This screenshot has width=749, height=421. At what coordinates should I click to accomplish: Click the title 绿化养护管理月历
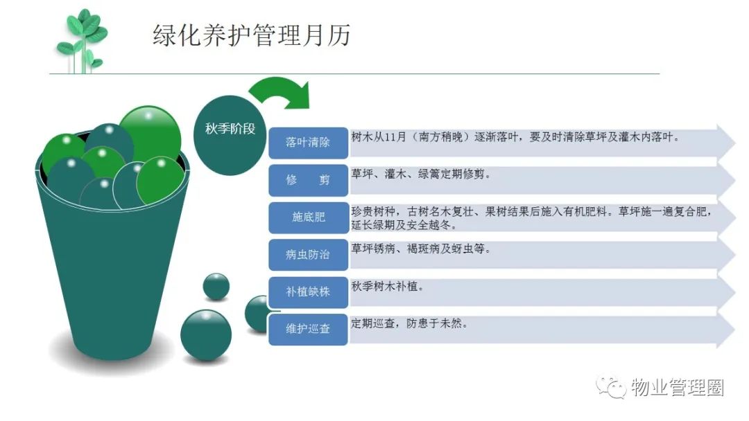tap(252, 35)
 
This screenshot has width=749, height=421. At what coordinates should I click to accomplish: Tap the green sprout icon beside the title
tap(82, 42)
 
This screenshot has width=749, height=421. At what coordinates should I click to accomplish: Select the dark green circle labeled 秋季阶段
tap(230, 135)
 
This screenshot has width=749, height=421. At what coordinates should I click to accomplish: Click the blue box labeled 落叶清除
tap(308, 143)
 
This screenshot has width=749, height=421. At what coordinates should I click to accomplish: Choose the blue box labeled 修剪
tap(308, 180)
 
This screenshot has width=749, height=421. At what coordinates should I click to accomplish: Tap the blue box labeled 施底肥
tap(308, 217)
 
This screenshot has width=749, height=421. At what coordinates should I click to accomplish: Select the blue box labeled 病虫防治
tap(308, 255)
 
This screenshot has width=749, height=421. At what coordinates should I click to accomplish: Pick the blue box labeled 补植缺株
tap(308, 292)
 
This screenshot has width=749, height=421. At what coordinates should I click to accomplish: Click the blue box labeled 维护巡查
tap(308, 329)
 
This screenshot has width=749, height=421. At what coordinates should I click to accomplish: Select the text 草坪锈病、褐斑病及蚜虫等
tap(421, 249)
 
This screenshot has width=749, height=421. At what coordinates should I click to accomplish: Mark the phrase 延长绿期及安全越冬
tap(404, 224)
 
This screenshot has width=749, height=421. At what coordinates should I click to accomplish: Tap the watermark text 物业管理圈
tap(678, 387)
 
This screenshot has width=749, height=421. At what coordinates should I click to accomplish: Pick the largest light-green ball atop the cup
tap(150, 136)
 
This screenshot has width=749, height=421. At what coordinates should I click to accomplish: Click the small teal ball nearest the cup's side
tap(216, 286)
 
